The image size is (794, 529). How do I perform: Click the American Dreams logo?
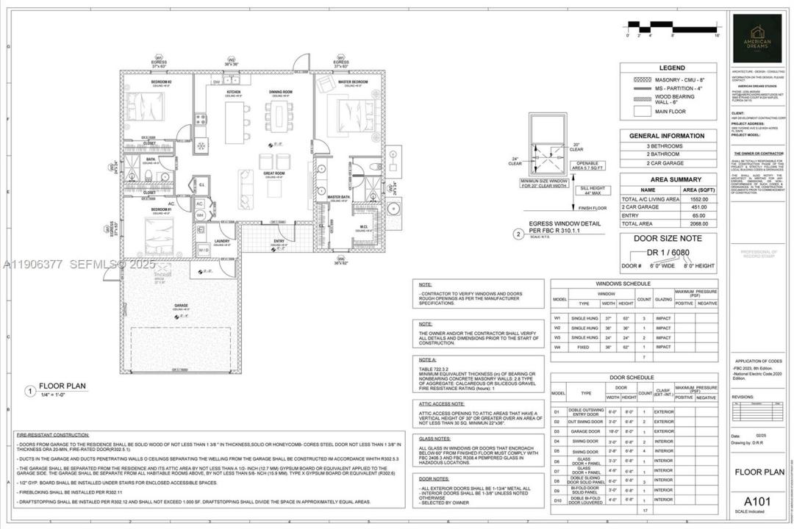(x=761, y=38)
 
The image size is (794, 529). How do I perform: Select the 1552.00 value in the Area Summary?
(x=698, y=199)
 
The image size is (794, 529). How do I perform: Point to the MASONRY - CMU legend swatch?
(x=638, y=79)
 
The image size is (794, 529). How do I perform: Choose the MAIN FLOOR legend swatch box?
(x=638, y=112)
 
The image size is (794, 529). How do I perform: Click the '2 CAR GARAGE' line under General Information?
(x=666, y=164)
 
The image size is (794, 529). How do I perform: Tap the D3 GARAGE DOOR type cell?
(x=586, y=431)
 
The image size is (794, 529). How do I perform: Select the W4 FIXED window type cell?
(x=586, y=346)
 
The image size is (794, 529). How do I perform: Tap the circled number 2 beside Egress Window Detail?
(x=519, y=235)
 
